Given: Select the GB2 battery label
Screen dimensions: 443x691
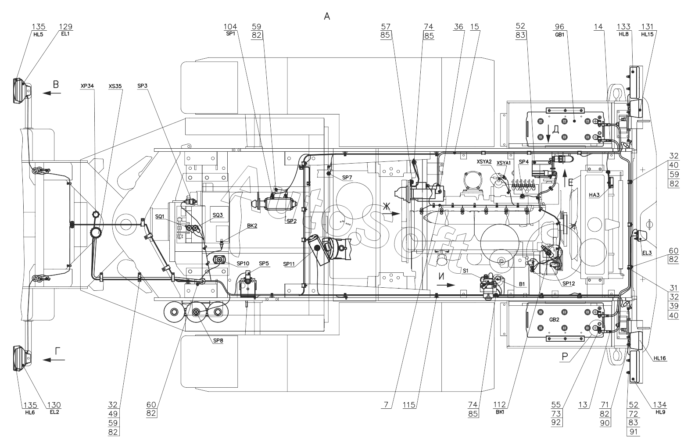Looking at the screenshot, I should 554,320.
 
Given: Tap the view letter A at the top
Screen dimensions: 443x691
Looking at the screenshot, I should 326,17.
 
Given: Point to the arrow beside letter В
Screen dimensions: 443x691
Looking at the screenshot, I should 51,93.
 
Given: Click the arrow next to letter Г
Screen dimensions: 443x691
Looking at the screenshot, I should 54,360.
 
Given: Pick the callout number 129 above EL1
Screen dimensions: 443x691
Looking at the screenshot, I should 66,27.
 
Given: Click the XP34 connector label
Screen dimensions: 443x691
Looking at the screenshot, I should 87,86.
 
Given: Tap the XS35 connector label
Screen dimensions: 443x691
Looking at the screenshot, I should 115,86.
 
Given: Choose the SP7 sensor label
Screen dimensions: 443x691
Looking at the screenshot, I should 347,177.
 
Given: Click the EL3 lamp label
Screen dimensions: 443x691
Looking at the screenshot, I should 647,253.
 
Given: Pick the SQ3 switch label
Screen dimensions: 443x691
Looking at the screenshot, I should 218,215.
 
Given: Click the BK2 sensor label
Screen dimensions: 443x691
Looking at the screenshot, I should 252,226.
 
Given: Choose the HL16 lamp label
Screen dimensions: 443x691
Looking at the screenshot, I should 659,358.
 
